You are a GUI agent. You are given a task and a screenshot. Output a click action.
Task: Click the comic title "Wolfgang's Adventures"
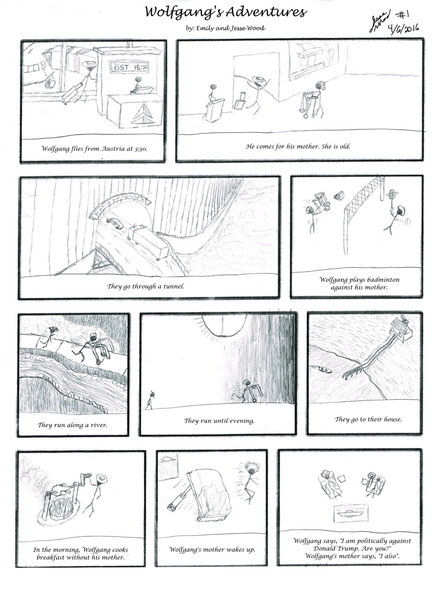pos(225,13)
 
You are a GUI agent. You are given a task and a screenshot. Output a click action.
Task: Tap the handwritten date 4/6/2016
pos(405,29)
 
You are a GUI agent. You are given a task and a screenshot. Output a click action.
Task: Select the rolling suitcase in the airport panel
pos(71,93)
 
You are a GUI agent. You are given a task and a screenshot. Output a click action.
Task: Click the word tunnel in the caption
pos(173,286)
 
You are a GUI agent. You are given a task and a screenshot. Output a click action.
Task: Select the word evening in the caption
pos(241,421)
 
